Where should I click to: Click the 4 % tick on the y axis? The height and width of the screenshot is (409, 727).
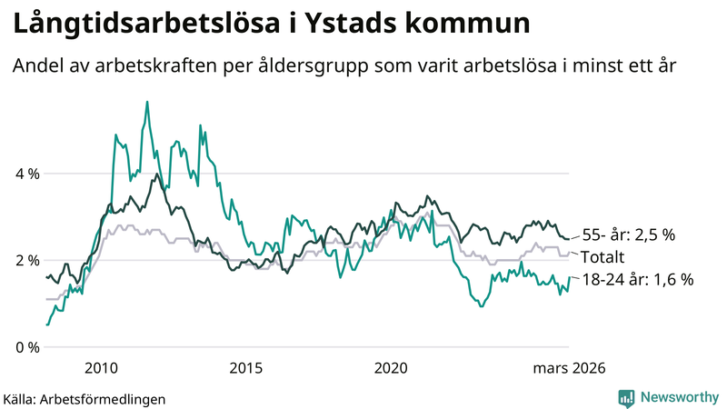(25, 174)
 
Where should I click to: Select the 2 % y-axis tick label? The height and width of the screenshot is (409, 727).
(25, 261)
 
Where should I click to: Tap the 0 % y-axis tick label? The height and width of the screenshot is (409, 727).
(25, 348)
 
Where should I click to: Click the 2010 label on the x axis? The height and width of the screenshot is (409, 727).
(101, 367)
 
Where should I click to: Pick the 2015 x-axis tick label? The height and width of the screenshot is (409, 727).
(246, 367)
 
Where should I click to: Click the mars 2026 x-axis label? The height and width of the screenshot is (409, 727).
(570, 367)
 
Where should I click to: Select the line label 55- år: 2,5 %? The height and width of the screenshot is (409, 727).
(628, 235)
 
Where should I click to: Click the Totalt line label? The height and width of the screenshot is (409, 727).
(603, 256)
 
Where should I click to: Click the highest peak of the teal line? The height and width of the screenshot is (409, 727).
(147, 102)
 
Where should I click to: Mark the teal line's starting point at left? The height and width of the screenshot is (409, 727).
(47, 324)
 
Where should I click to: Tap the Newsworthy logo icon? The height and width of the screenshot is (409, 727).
(626, 397)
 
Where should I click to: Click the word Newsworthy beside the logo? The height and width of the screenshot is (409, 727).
(680, 397)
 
